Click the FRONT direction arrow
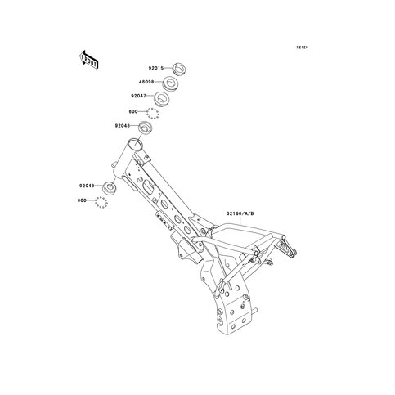coord(89,60)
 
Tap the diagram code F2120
coord(303,47)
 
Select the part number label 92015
coord(156,68)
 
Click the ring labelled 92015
coord(180,69)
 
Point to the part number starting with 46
coord(146,82)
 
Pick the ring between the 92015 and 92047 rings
coord(170,83)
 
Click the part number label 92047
coord(139,96)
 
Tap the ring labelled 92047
coord(162,98)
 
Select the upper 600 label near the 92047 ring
coord(133,112)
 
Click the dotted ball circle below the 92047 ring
coord(153,114)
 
